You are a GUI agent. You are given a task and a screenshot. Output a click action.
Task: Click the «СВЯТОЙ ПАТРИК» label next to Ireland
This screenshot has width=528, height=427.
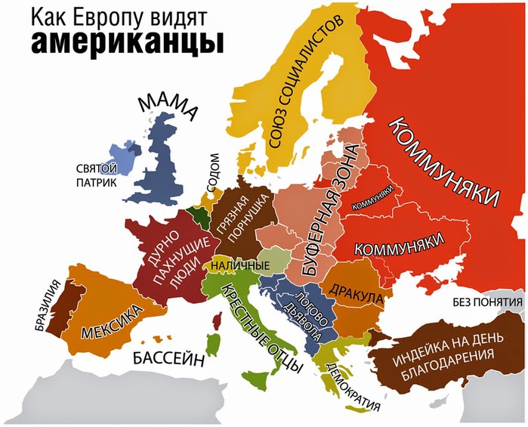(96, 175)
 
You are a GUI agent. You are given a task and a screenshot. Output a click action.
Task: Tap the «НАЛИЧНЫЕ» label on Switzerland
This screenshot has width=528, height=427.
(240, 266)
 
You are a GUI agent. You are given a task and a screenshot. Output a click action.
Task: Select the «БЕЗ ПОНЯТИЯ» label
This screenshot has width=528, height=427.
(487, 303)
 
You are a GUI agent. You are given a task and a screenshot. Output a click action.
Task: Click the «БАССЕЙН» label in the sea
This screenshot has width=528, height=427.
(169, 359)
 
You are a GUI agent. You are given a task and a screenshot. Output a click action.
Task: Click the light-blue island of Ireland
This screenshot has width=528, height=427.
(122, 161)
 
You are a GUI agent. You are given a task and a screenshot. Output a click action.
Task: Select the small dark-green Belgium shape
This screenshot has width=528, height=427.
(201, 216)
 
